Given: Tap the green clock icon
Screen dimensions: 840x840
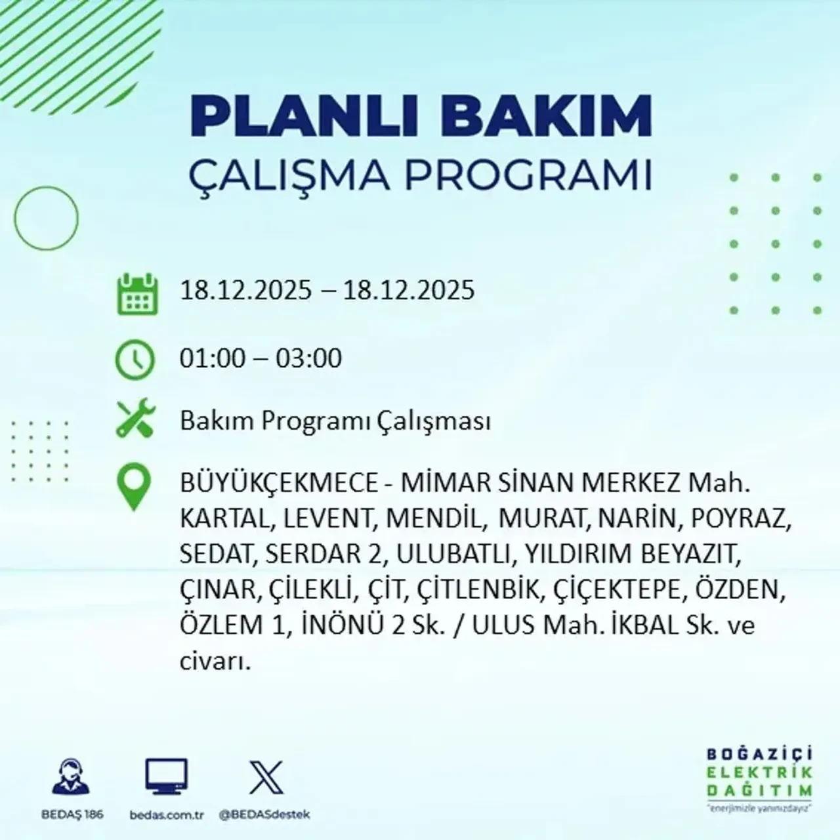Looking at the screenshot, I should tap(135, 360).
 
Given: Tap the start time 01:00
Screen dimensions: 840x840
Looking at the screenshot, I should tap(212, 358).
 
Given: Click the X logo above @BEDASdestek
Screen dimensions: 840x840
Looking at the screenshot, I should tap(266, 778).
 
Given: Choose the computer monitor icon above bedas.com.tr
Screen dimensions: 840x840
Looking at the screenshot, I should tap(166, 778).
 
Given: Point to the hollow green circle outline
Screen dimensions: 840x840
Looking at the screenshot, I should tap(46, 218).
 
